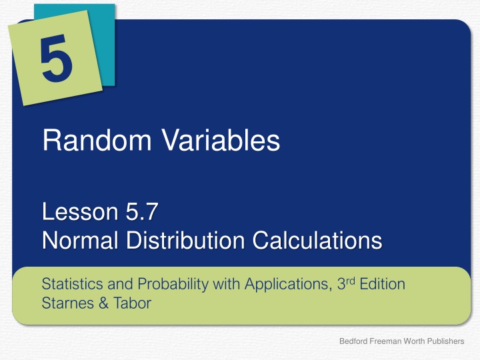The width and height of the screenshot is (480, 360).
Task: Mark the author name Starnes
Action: [63, 303]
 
